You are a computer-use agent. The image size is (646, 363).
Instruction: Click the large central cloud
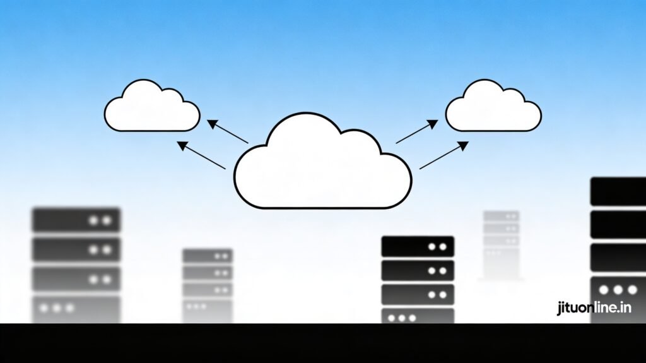(322, 167)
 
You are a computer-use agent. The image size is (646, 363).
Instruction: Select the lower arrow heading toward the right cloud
(444, 155)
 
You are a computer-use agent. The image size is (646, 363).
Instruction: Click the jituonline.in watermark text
(594, 308)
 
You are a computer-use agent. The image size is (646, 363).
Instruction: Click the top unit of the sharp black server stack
(418, 246)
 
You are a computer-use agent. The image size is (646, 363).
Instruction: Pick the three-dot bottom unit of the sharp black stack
(418, 316)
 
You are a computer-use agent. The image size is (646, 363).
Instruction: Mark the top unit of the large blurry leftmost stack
(76, 220)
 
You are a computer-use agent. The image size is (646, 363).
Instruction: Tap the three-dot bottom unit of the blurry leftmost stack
(76, 308)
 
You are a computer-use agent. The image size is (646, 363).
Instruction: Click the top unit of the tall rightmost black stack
(618, 191)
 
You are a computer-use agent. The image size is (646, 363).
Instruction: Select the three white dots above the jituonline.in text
(618, 290)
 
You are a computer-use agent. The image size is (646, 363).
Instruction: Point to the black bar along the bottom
(323, 343)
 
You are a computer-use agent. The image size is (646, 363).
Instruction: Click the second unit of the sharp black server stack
(418, 270)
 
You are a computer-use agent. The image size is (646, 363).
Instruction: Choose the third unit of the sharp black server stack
(418, 294)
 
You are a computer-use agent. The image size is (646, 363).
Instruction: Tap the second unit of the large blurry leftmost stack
(76, 249)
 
